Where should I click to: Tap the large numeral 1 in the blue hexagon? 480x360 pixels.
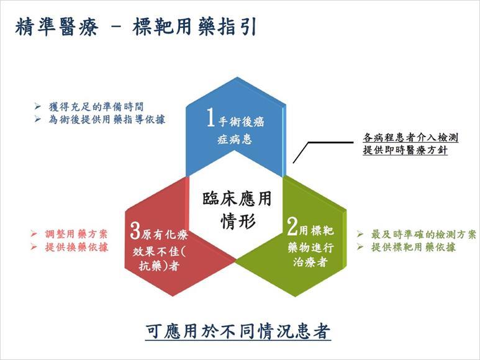point(211,119)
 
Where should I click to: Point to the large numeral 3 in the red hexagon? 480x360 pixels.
point(135,232)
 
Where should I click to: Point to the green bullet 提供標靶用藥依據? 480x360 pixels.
point(414,247)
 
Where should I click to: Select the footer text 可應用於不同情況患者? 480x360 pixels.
point(238,330)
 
